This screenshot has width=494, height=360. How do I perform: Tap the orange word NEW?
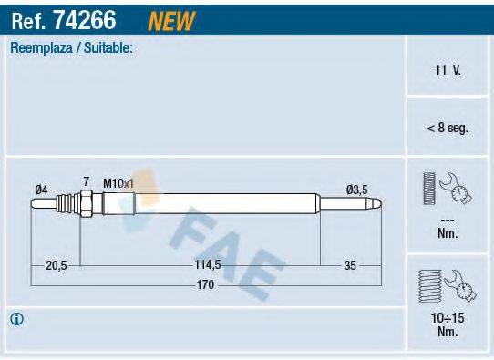[170, 18]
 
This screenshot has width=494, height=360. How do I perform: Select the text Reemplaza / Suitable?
[71, 48]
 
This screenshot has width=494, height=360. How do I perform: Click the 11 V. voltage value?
[448, 68]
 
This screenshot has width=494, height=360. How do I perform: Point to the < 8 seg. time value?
[448, 129]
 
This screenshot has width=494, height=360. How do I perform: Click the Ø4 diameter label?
[41, 189]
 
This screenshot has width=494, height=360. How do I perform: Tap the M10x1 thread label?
[118, 183]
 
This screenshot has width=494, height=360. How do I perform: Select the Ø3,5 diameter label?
[357, 189]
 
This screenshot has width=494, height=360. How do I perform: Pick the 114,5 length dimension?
[208, 265]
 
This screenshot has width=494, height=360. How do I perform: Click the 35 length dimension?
[349, 265]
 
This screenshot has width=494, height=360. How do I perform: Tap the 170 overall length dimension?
[207, 285]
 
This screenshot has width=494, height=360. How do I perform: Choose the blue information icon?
[16, 319]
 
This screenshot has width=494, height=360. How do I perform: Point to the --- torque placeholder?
[448, 221]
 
